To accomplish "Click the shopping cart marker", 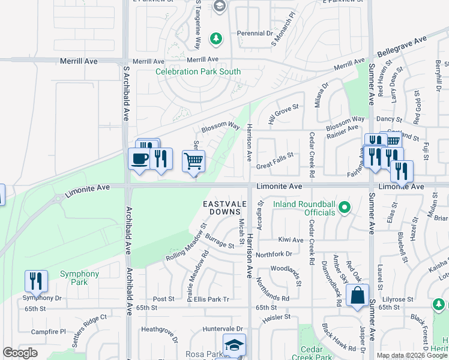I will (x=193, y=161).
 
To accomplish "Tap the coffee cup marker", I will (x=139, y=159).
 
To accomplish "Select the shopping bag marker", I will (x=358, y=296).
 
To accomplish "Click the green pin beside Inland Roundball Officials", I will (x=344, y=208).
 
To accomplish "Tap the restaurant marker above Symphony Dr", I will (x=36, y=281).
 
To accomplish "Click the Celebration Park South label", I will (x=198, y=72).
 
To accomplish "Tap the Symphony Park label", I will (x=79, y=278).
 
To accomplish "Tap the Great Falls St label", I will (x=275, y=155).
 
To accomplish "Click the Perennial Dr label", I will (x=255, y=34).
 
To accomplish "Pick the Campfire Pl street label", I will (x=49, y=332).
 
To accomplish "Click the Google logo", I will (x=20, y=353).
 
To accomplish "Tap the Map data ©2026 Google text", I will (x=412, y=355).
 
